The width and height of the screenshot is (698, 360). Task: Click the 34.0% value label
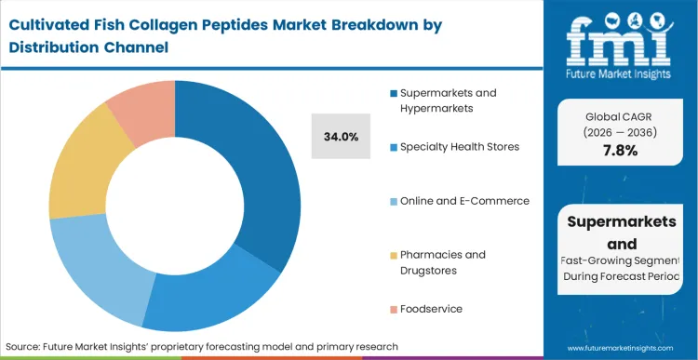pos(341,136)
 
